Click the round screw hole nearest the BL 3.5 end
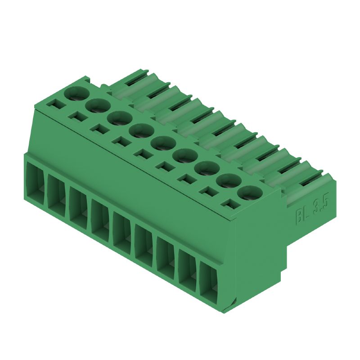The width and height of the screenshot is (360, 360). coord(250,193)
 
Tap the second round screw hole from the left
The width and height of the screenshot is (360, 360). coord(98,106)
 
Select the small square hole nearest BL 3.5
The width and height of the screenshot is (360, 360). coord(230,205)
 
